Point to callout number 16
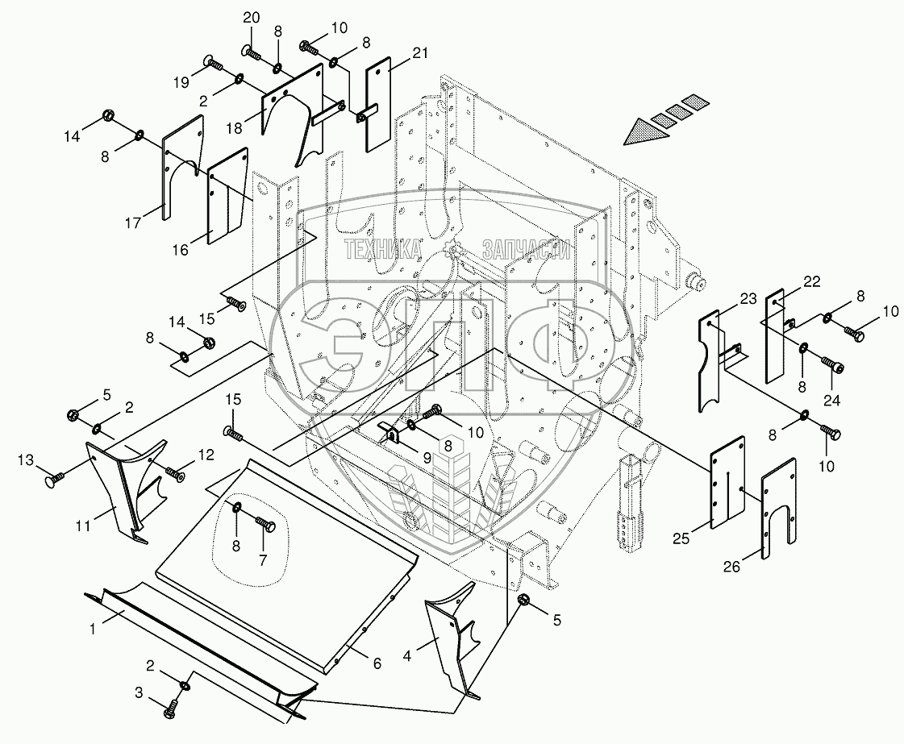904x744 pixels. pos(180,250)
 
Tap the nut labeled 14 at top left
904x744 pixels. pos(108,118)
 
